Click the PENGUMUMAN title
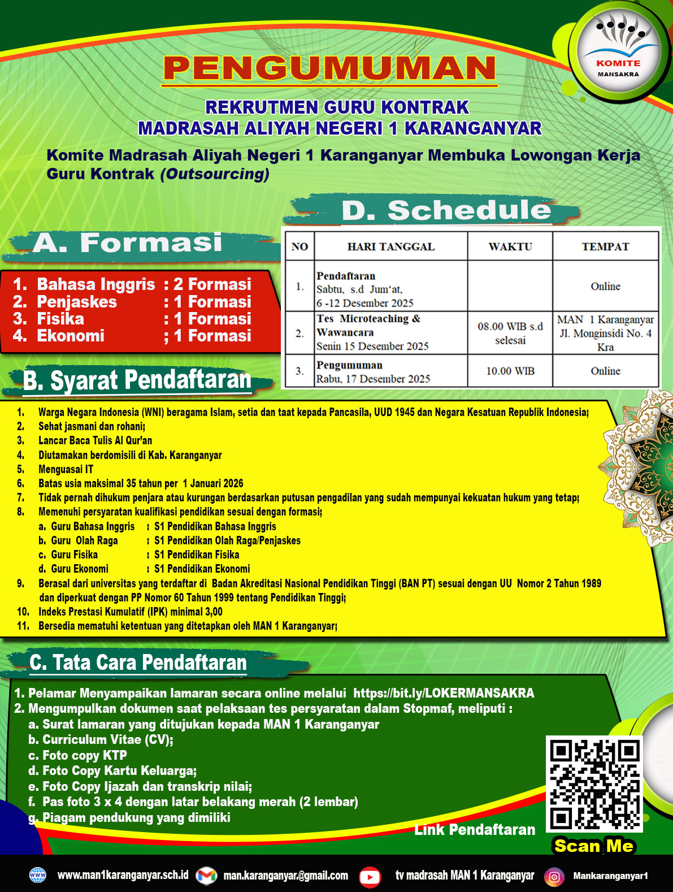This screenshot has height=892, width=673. click(x=329, y=68)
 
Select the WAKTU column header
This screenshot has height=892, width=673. click(x=510, y=246)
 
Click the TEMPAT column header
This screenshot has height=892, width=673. click(x=605, y=246)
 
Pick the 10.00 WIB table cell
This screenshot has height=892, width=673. click(x=510, y=371)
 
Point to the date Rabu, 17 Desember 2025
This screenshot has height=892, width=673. click(x=373, y=379)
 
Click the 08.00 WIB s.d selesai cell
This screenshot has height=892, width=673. click(x=510, y=333)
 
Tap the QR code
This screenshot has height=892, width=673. click(x=594, y=783)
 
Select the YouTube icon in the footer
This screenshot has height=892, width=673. click(x=370, y=876)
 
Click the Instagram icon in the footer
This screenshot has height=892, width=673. click(x=554, y=876)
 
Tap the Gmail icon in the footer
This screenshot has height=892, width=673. click(x=206, y=876)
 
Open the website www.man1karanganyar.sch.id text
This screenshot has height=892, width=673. click(x=123, y=875)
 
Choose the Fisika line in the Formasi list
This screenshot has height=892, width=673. click(x=132, y=319)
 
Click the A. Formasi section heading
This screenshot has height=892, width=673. click(x=127, y=243)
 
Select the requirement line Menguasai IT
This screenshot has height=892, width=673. click(x=66, y=469)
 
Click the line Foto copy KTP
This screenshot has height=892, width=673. click(x=84, y=755)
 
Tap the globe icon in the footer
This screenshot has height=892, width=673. click(x=37, y=876)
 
